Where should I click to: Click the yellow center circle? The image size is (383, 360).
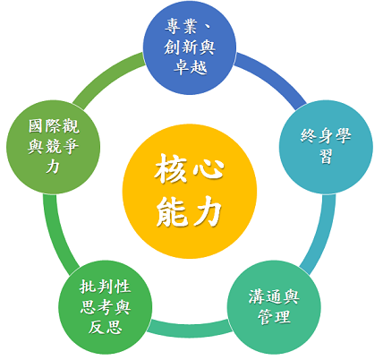point(190,192)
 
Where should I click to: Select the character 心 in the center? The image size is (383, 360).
point(209,169)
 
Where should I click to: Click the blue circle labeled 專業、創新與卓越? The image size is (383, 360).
point(190,48)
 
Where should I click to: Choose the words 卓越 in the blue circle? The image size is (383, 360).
point(191,67)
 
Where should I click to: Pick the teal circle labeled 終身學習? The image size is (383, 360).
point(326,147)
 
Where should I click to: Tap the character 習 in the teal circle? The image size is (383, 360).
point(326,156)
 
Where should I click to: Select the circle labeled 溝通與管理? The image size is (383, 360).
point(274,307)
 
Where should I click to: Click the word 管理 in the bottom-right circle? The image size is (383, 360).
point(274,317)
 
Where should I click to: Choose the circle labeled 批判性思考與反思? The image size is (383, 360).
point(106,307)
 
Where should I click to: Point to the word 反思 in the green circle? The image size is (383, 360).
point(106,327)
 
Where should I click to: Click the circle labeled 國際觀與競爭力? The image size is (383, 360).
point(54,147)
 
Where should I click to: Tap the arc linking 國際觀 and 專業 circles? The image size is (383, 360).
point(106,76)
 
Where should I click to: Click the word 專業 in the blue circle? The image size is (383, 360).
point(181,26)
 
